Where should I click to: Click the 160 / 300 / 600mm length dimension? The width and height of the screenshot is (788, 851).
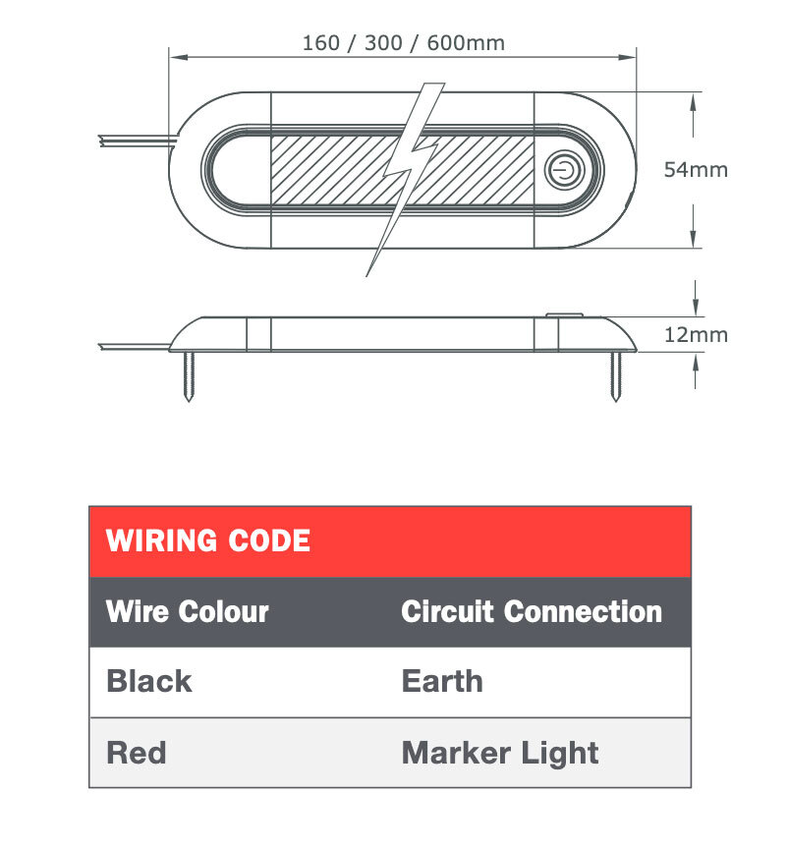[403, 42]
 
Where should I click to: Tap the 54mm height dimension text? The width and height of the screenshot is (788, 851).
[696, 169]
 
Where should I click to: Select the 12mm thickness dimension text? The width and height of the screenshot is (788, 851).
[696, 334]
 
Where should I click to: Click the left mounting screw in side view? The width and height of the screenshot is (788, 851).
[191, 376]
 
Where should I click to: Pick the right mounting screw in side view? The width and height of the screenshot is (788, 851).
[616, 376]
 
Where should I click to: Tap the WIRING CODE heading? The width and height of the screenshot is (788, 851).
[208, 540]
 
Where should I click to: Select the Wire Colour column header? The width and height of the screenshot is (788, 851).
[187, 611]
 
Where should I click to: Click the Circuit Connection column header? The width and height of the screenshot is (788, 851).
[532, 611]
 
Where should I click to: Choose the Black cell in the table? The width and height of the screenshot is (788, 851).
[149, 681]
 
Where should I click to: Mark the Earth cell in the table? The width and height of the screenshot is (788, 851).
[442, 681]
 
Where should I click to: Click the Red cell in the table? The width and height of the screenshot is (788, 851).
[137, 753]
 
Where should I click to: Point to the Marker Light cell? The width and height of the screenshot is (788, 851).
[500, 753]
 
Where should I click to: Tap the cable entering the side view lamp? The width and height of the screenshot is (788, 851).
[133, 345]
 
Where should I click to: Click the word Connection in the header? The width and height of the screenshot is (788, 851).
[583, 611]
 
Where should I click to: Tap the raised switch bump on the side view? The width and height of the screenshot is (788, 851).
[564, 316]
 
